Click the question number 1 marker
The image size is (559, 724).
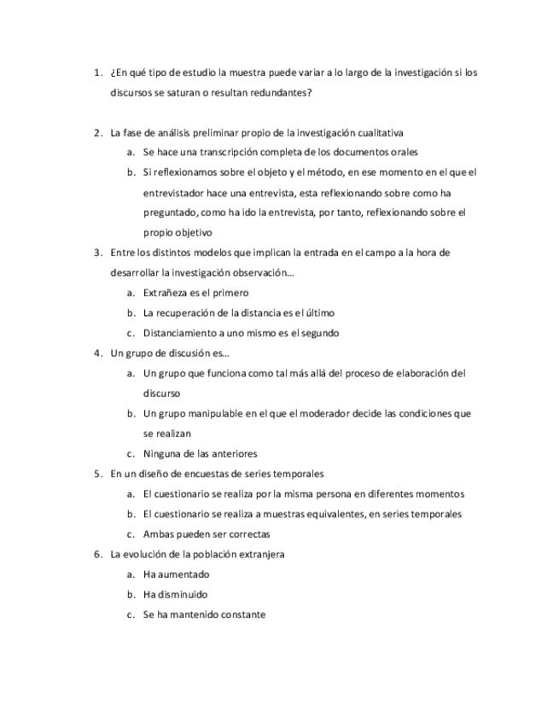(96, 73)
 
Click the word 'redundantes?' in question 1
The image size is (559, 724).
(283, 92)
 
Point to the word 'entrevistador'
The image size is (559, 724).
(173, 192)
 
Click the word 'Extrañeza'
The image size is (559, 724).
(166, 293)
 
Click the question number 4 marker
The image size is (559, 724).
(96, 353)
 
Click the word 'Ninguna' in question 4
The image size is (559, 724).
(161, 453)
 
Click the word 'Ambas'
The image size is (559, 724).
(159, 534)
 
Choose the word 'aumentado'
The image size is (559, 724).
(183, 575)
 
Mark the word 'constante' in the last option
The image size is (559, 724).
(240, 615)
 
